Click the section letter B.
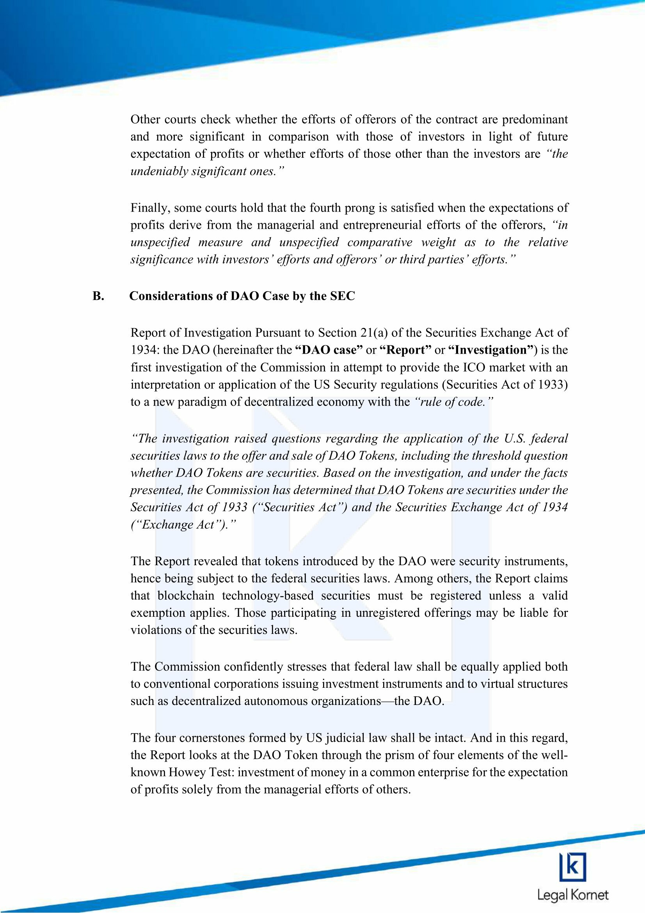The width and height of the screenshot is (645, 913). (98, 297)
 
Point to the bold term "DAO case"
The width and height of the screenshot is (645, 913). (329, 350)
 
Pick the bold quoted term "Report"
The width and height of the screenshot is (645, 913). (406, 350)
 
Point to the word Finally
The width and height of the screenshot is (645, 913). (150, 208)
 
